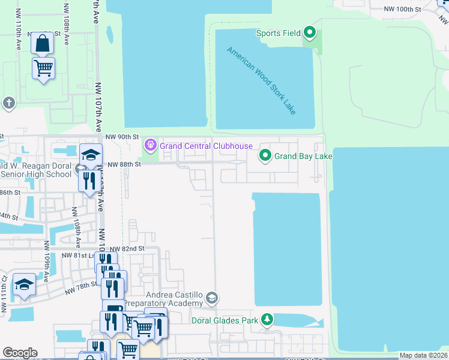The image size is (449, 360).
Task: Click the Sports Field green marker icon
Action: coord(310,32)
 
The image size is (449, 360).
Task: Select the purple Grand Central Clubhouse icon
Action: coord(150,145)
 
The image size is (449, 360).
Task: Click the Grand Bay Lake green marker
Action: coord(265,157)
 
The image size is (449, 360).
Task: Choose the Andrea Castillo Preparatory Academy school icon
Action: coord(211,298)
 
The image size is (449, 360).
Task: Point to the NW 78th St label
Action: coord(81,287)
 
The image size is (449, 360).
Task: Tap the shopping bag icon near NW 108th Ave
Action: coord(42,43)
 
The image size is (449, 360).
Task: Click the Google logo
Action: coord(20,352)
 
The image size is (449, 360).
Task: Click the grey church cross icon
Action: coord(8,103)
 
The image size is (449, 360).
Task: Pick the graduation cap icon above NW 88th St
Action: coord(90,155)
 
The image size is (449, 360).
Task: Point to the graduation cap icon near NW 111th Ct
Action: coord(24,284)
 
